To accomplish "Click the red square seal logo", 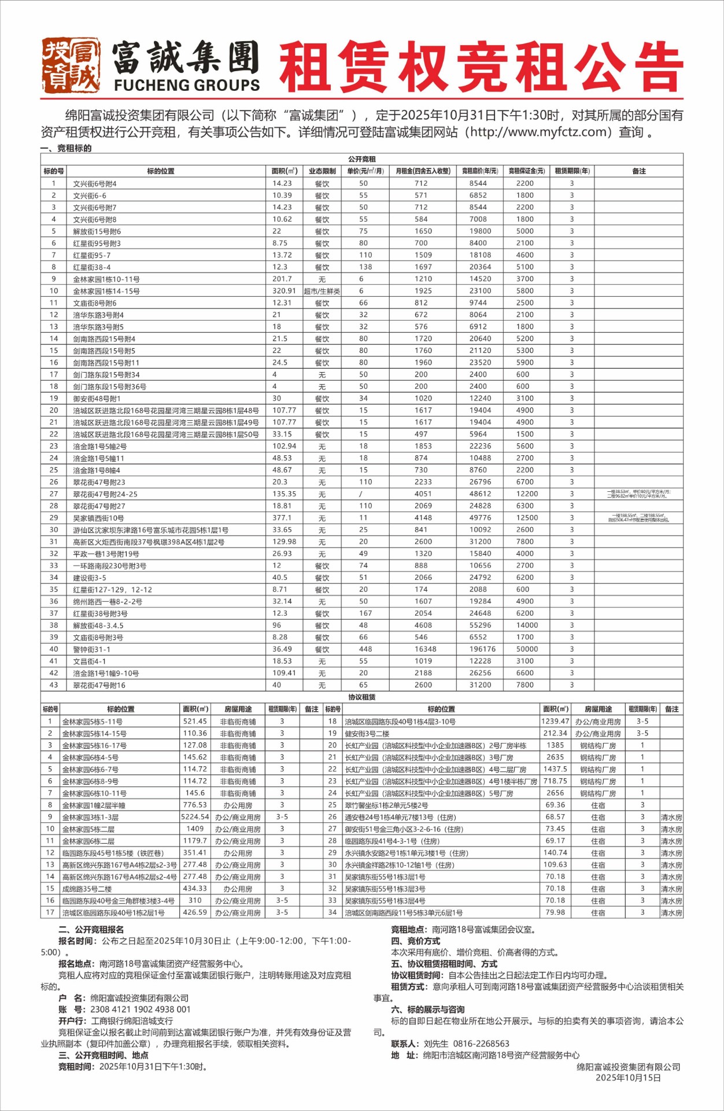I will [71, 65].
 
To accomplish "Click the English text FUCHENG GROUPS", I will [187, 85].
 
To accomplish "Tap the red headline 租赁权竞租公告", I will [481, 67].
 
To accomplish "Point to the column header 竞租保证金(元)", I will [526, 171].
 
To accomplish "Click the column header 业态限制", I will [322, 171].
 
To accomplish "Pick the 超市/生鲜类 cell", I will [322, 291].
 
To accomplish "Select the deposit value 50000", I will [527, 649].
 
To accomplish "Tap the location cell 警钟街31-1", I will [92, 650].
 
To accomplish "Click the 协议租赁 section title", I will [362, 697].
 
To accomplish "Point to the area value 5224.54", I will [195, 817].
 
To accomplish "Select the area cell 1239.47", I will [555, 722].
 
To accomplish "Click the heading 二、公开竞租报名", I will [91, 929].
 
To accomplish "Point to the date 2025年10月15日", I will [628, 1077].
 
